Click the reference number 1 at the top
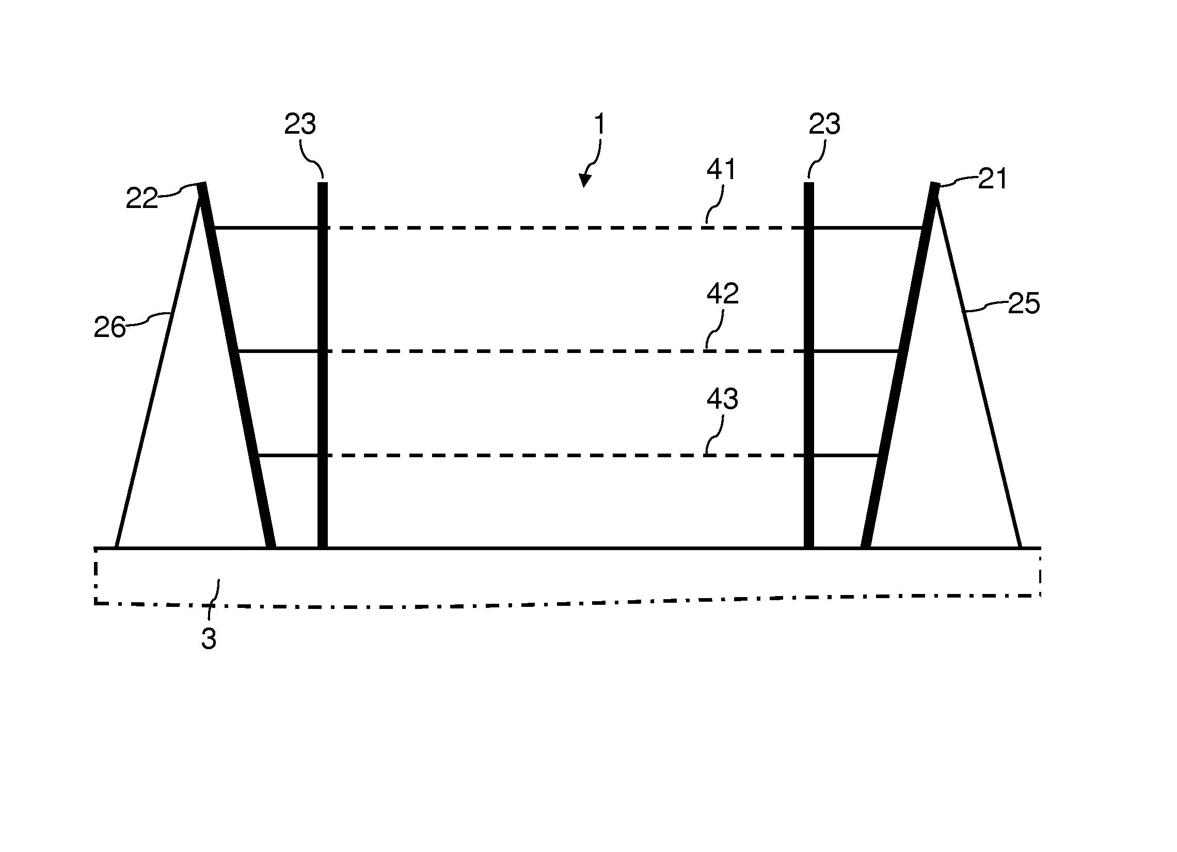[x=599, y=124]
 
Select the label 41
[x=722, y=170]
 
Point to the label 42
[x=722, y=294]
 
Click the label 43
[x=722, y=398]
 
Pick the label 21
[x=993, y=179]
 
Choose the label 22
[x=141, y=198]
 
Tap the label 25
[x=1024, y=303]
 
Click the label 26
[x=109, y=327]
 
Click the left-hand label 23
[x=300, y=124]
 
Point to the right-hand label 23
[x=824, y=124]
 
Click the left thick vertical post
[x=322, y=365]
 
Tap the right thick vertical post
[x=808, y=365]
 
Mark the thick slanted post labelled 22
[x=236, y=365]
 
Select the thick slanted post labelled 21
[x=900, y=365]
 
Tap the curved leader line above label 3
[x=213, y=600]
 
